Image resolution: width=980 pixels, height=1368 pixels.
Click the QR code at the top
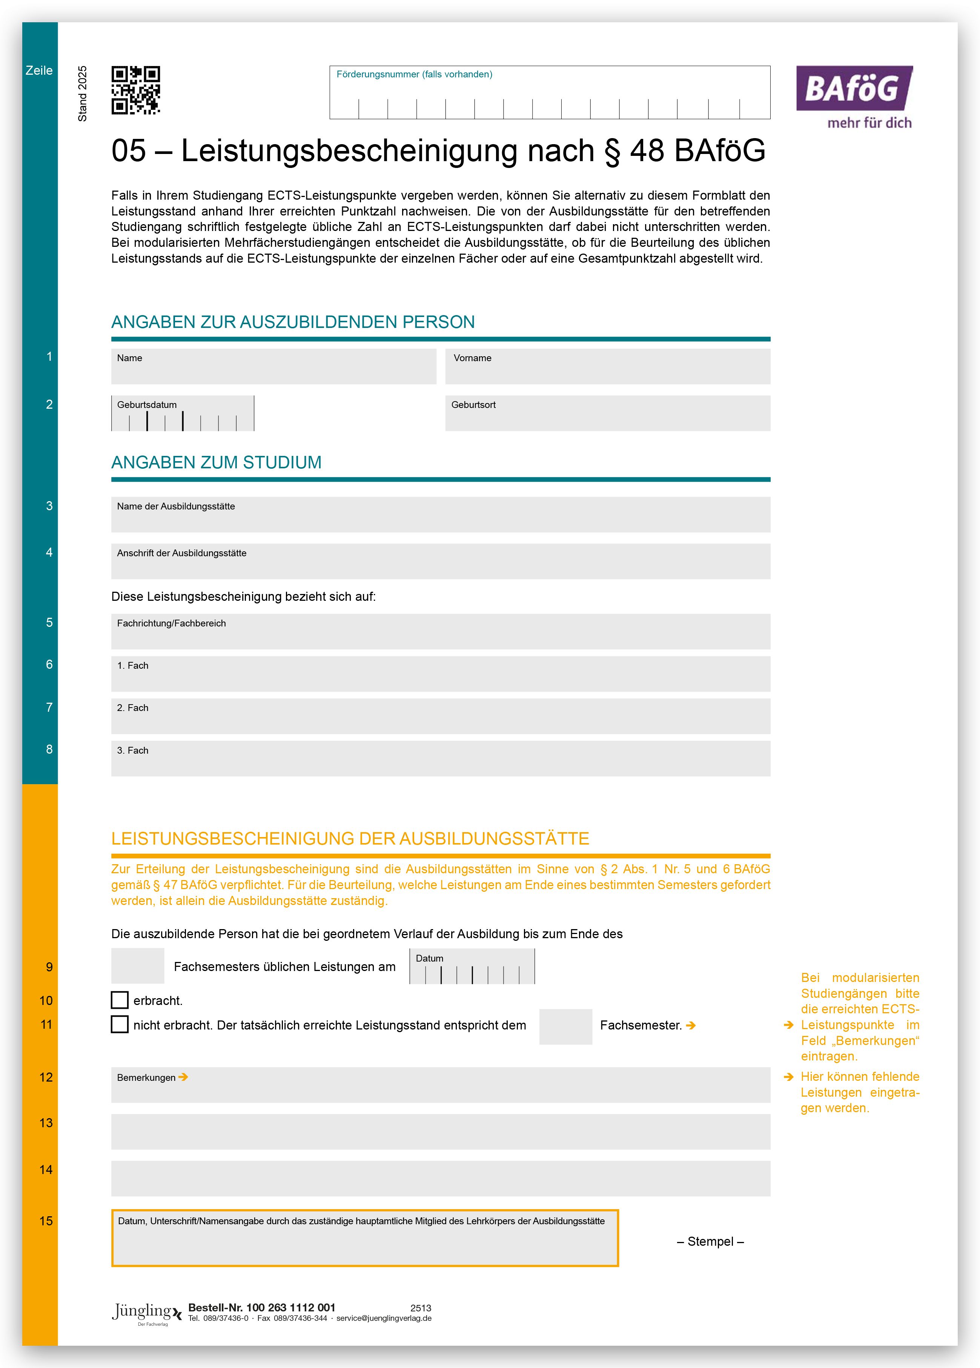pyautogui.click(x=136, y=90)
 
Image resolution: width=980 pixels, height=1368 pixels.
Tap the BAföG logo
pyautogui.click(x=854, y=97)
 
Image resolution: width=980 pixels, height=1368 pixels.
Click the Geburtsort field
pyautogui.click(x=607, y=414)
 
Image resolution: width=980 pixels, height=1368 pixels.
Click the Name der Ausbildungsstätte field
pyautogui.click(x=440, y=514)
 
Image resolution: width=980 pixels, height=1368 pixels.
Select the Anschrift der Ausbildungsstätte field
pyautogui.click(x=440, y=562)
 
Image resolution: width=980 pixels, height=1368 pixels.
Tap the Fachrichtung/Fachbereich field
pyautogui.click(x=440, y=631)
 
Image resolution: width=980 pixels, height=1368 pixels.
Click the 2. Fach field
pyautogui.click(x=440, y=716)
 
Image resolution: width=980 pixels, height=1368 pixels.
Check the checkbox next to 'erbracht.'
pyautogui.click(x=120, y=1000)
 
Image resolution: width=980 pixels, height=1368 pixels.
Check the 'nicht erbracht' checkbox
pyautogui.click(x=120, y=1024)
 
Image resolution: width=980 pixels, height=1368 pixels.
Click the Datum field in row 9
pyautogui.click(x=472, y=967)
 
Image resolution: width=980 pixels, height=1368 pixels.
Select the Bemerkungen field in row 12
pyautogui.click(x=440, y=1085)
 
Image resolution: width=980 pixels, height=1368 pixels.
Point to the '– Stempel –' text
pyautogui.click(x=710, y=1241)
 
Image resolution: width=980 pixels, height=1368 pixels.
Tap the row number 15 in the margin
pyautogui.click(x=46, y=1221)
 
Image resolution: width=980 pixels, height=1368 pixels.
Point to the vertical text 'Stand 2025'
pyautogui.click(x=83, y=94)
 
